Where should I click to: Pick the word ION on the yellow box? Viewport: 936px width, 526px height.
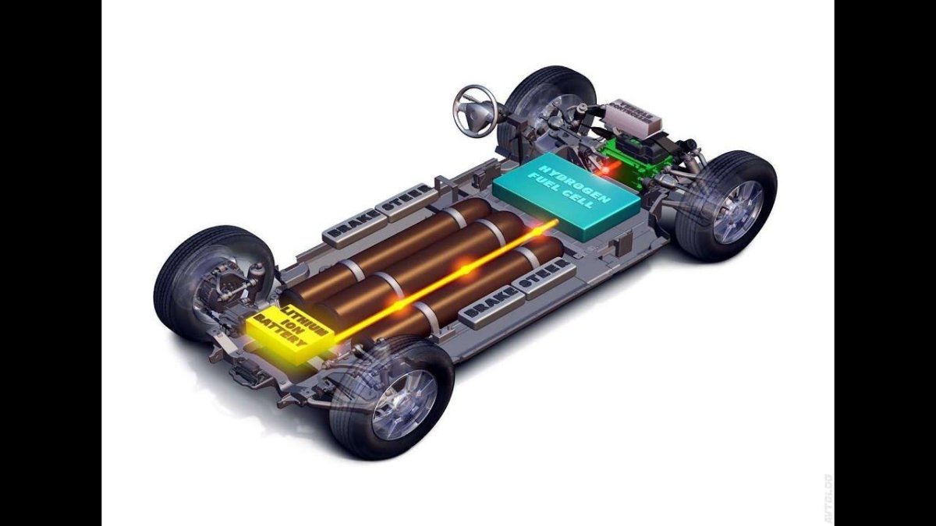point(289,326)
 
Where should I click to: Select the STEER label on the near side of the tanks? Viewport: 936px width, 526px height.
point(545,276)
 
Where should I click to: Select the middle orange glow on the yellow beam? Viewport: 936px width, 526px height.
point(465,270)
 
